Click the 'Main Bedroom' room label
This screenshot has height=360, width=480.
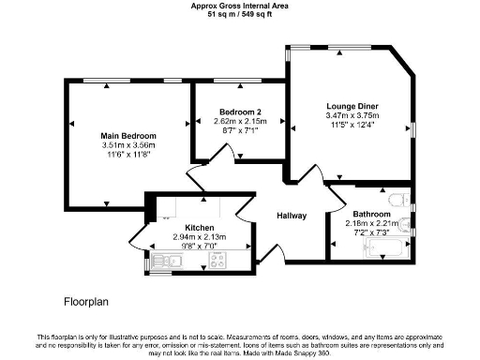pyautogui.click(x=128, y=136)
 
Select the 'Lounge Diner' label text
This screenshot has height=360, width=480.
pyautogui.click(x=352, y=105)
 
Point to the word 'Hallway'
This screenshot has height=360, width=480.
pyautogui.click(x=292, y=216)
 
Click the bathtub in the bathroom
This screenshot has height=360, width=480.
pyautogui.click(x=385, y=248)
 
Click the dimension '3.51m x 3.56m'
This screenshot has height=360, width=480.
pyautogui.click(x=128, y=145)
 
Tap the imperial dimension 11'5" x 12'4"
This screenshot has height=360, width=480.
pyautogui.click(x=352, y=124)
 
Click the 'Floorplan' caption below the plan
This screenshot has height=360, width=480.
pyautogui.click(x=88, y=302)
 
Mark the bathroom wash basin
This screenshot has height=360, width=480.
pyautogui.click(x=402, y=222)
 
